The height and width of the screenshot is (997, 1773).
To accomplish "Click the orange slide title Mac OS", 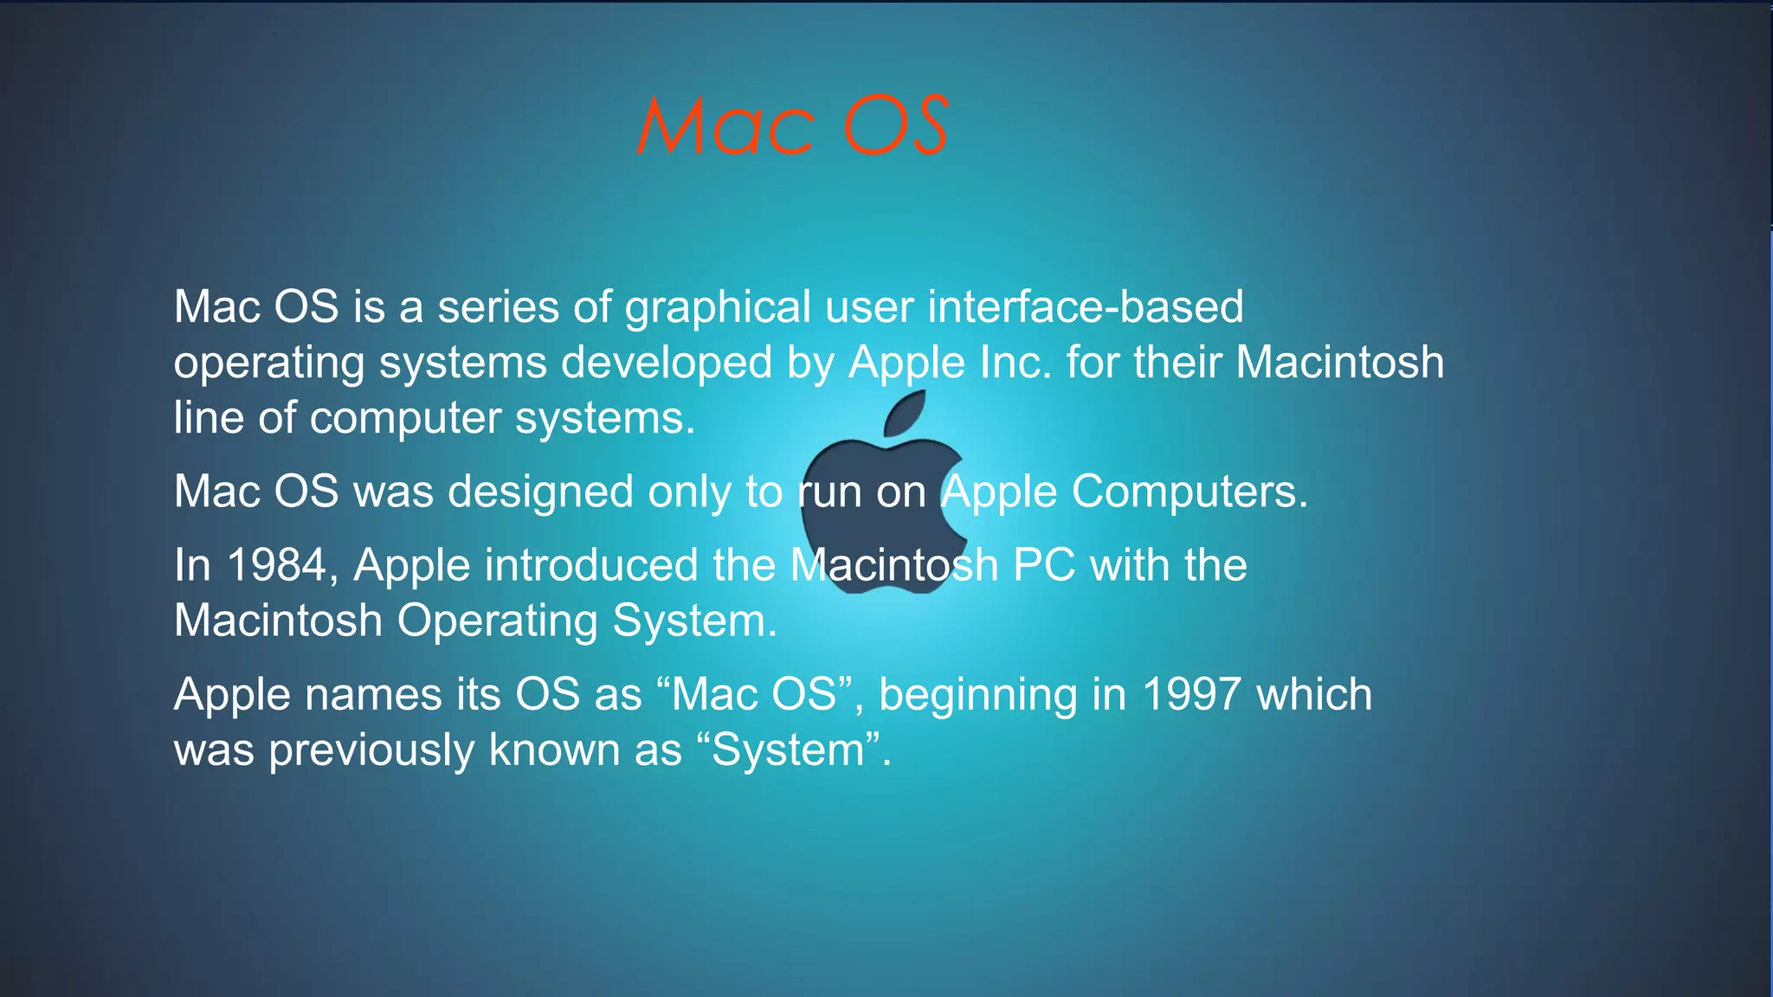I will tap(792, 126).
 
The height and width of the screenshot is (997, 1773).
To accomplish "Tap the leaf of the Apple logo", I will tap(905, 414).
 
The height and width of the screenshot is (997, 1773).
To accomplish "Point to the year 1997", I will tap(1191, 694).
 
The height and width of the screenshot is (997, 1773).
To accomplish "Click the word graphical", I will tap(718, 308).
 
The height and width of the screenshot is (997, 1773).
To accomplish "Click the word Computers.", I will tap(1190, 492).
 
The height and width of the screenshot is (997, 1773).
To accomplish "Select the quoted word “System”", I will tap(788, 749).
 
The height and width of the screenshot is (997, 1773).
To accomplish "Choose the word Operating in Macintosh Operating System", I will tap(498, 621).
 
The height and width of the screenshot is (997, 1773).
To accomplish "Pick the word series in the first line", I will tap(498, 307).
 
